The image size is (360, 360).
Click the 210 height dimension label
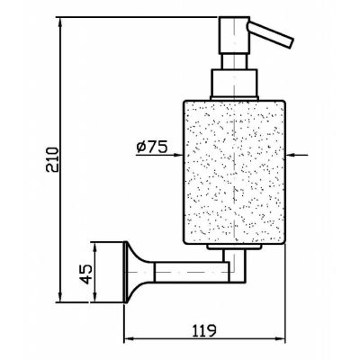(52, 159)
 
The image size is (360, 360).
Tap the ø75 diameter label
(151, 148)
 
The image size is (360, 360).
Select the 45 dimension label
(86, 274)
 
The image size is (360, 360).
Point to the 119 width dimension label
(204, 330)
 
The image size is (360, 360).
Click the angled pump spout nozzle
(270, 34)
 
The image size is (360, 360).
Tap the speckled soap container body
(234, 173)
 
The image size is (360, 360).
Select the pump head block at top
(234, 35)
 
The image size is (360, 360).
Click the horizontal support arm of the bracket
(192, 272)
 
